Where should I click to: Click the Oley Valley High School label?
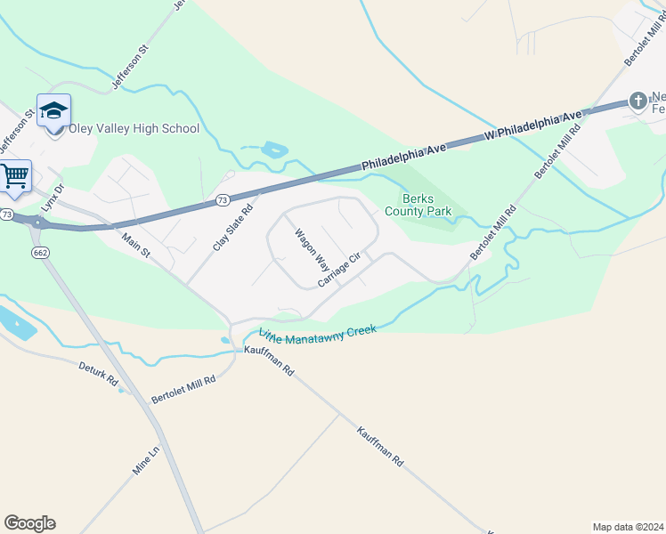[134, 129]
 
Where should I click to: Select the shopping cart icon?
[14, 176]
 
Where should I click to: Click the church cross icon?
[638, 101]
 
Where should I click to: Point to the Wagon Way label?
[312, 250]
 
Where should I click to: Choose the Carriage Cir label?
[338, 270]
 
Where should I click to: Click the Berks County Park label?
[418, 205]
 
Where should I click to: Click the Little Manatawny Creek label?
[317, 333]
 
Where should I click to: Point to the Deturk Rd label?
[98, 373]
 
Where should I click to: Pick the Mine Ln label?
[146, 461]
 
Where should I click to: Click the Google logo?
[29, 523]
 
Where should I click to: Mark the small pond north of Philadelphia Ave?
[275, 150]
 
